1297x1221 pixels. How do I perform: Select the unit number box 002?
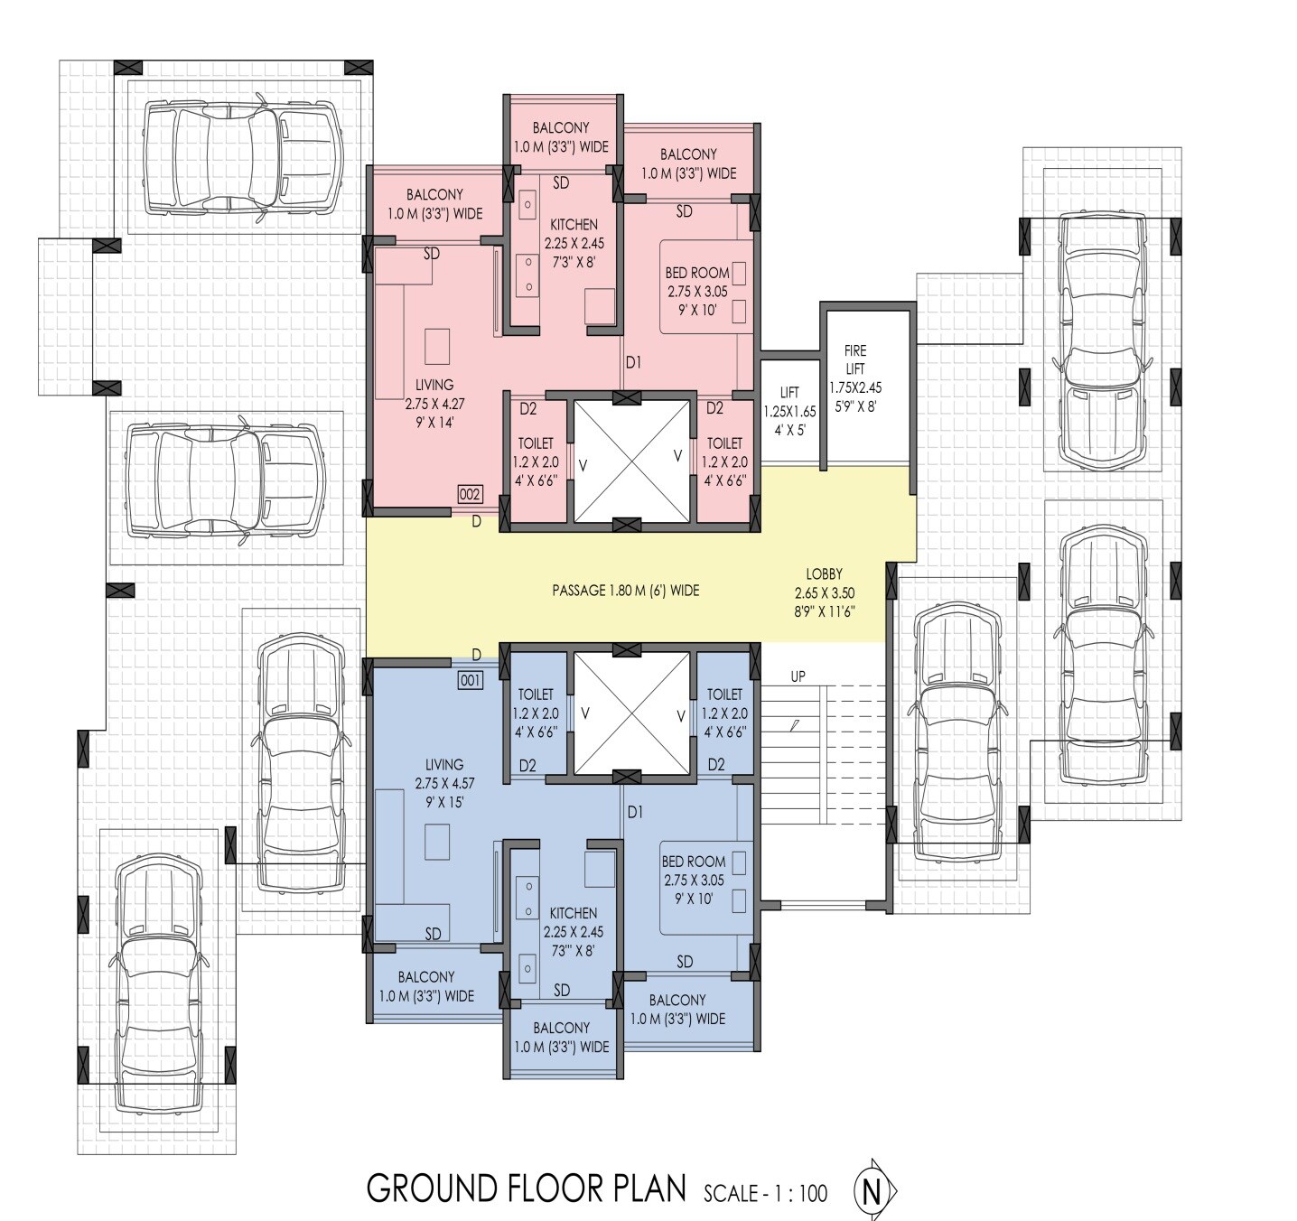tap(471, 494)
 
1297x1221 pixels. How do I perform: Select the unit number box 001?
tap(471, 681)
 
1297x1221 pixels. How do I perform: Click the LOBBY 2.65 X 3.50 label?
tap(824, 592)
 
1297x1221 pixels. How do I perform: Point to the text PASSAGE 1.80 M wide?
tap(626, 591)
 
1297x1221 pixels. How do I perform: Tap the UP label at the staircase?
tap(798, 676)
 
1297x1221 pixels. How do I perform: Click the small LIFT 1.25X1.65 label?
tap(789, 410)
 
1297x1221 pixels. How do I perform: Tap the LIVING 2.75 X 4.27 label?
tap(434, 403)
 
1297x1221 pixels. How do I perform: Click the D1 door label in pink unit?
tap(633, 362)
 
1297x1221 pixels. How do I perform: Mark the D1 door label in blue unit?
tap(635, 812)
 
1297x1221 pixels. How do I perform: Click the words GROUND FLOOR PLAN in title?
tap(527, 1188)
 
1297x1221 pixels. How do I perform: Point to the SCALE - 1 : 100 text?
tap(766, 1194)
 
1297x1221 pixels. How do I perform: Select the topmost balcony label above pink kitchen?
tap(561, 137)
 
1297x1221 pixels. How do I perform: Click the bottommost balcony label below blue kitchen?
tap(561, 1037)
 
